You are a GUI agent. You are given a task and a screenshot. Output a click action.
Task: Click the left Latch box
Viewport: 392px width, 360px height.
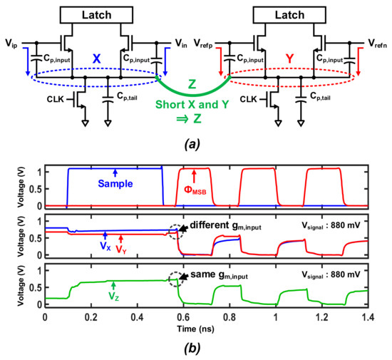coord(100,13)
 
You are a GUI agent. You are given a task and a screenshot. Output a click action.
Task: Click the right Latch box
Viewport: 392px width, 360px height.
coord(295,13)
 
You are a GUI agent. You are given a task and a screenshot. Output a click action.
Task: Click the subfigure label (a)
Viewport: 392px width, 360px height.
coord(195,142)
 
